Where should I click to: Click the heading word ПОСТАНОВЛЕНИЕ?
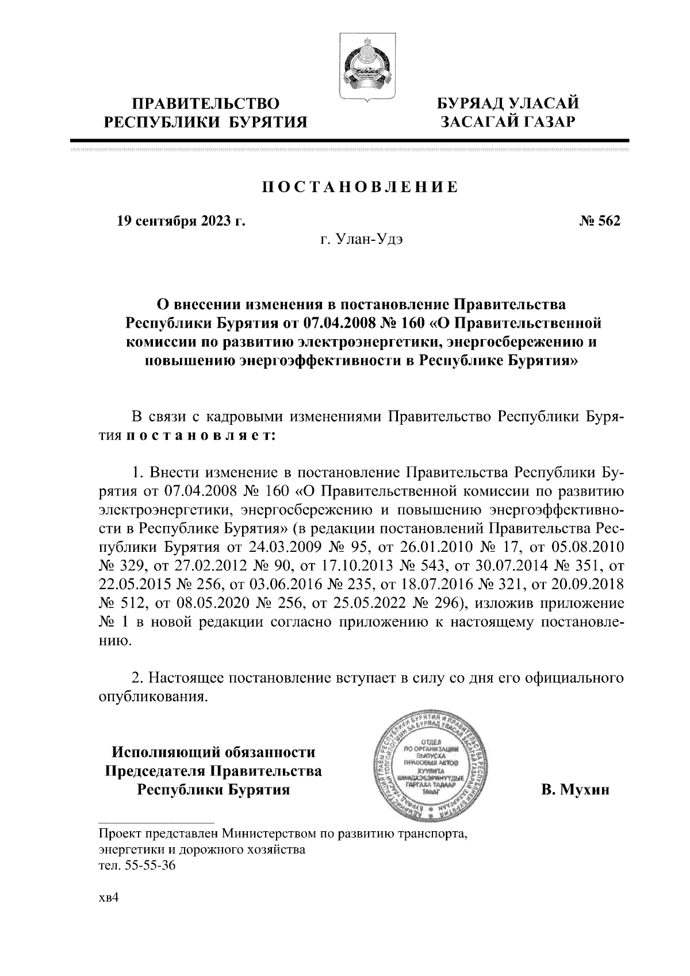361,187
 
